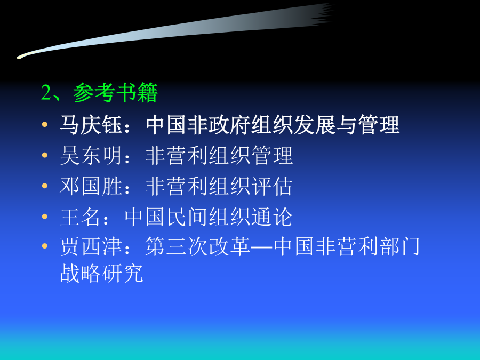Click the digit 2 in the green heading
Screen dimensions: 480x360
tap(46, 92)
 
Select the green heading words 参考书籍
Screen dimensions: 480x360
tap(115, 92)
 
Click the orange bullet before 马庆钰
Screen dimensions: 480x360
tap(45, 124)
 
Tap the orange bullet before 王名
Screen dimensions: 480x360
tap(45, 217)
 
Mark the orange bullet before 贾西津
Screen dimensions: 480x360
tap(45, 246)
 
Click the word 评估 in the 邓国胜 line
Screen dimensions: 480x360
tap(272, 186)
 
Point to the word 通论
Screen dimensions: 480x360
tap(272, 217)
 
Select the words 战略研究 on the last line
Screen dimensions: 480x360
tap(102, 273)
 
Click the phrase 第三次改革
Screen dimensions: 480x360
tap(198, 246)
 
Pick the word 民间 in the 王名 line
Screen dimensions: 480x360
tap(187, 217)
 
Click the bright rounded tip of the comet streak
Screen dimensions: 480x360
tap(20, 57)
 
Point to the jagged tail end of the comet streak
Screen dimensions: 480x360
tap(324, 14)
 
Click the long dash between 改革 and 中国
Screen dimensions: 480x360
tap(262, 247)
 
